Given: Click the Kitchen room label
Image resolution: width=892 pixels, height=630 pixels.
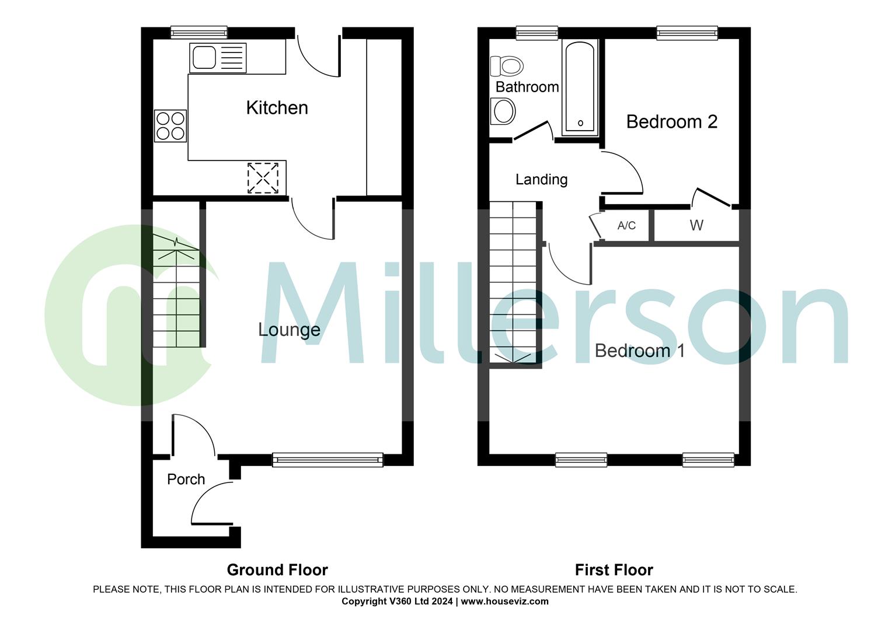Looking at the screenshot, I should [x=277, y=108].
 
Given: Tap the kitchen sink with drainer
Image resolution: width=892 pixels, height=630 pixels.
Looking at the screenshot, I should [x=217, y=58].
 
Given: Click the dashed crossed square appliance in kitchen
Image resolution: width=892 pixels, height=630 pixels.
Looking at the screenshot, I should [x=263, y=178].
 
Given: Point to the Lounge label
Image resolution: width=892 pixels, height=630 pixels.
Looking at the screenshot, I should [x=289, y=330].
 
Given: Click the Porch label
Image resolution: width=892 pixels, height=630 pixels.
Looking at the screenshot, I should [x=186, y=480].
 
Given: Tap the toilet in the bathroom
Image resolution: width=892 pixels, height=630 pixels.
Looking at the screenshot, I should [x=506, y=65].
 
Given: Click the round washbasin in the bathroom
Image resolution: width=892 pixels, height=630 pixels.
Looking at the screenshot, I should [x=503, y=110].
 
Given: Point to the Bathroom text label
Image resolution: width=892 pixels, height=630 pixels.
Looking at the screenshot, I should [x=527, y=87].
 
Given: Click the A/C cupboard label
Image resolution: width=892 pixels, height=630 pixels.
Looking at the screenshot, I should [x=626, y=226].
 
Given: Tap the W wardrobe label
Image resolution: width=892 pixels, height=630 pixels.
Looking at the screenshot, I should [x=696, y=226].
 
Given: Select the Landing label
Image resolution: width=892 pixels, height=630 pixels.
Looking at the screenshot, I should [x=541, y=180].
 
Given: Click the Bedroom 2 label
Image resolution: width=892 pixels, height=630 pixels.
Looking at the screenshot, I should [x=671, y=122].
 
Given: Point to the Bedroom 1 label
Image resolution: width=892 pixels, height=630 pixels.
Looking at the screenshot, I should [x=639, y=351].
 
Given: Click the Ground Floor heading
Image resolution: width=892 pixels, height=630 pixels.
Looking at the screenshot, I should [x=277, y=570].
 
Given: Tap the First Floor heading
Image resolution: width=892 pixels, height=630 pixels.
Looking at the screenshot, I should [x=614, y=570].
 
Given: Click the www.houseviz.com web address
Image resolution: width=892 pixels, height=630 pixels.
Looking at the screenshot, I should [x=504, y=601].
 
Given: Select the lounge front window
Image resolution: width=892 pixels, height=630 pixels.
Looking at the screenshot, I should [x=327, y=460].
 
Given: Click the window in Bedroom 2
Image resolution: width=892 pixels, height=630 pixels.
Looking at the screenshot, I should [x=687, y=33].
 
